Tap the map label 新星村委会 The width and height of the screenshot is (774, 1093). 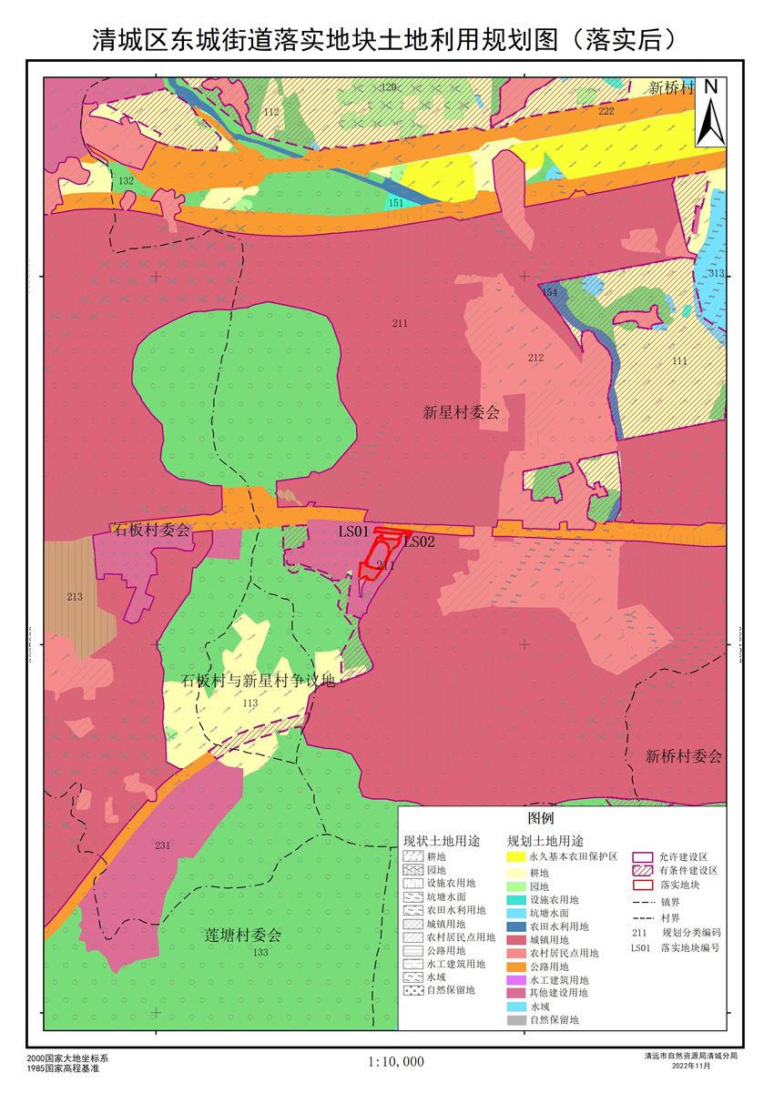click(x=462, y=412)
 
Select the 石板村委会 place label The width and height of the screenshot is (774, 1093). click(x=150, y=531)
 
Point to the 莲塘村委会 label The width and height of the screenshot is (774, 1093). click(x=243, y=935)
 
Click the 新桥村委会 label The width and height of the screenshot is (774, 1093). click(x=684, y=756)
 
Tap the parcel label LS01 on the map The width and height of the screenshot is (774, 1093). click(x=352, y=531)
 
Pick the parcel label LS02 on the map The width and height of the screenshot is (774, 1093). click(x=420, y=541)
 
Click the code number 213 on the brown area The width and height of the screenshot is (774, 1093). click(x=75, y=597)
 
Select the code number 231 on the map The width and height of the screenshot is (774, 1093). click(x=162, y=845)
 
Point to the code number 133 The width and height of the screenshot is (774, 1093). click(x=261, y=952)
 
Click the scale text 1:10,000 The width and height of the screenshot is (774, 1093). click(x=396, y=1061)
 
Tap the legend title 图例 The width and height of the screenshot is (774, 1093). click(x=554, y=818)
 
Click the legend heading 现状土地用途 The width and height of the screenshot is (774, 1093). click(x=442, y=839)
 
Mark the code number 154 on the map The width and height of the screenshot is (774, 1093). click(x=549, y=292)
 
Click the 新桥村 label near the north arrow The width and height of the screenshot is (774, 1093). click(x=671, y=88)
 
